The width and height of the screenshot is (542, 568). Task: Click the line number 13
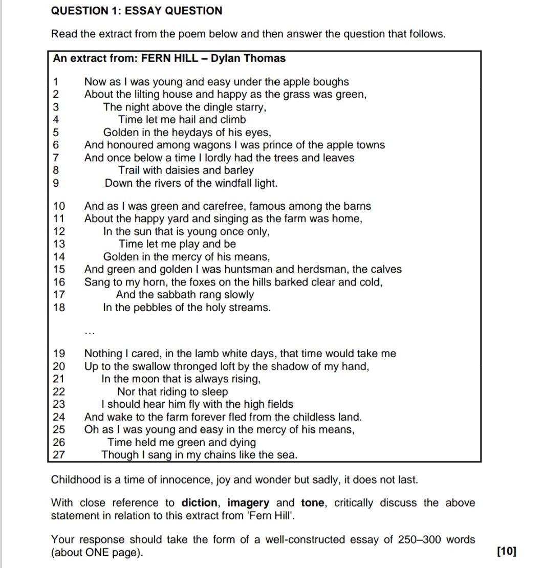coord(59,244)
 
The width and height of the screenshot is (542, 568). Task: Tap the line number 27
coord(59,455)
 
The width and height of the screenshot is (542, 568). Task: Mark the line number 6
coord(56,145)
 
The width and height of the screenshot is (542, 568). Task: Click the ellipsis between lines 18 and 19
coord(90,331)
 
